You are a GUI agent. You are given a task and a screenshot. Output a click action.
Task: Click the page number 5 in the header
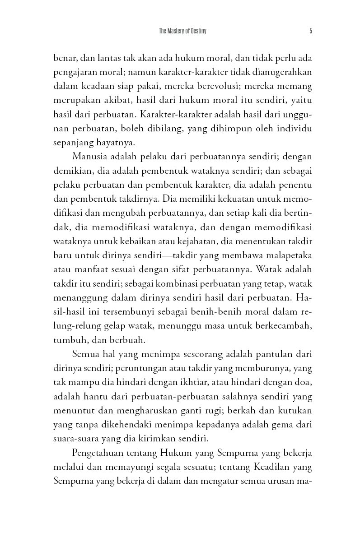[311, 31]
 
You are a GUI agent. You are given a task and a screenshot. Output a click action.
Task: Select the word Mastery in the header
[176, 31]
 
